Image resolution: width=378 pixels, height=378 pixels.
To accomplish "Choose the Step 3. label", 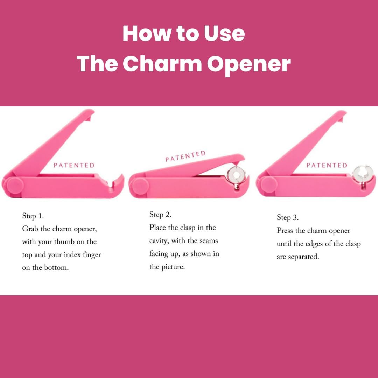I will pyautogui.click(x=288, y=217).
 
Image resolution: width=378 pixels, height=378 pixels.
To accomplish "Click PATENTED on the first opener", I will pyautogui.click(x=74, y=165).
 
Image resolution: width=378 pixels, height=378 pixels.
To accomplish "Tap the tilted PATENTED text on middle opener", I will pyautogui.click(x=185, y=156).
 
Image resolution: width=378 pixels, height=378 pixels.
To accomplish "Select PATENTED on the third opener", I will pyautogui.click(x=327, y=165).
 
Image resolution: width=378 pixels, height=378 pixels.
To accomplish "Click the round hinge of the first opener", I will pyautogui.click(x=14, y=184).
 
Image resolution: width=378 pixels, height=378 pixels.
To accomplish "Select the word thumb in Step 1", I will pyautogui.click(x=66, y=242).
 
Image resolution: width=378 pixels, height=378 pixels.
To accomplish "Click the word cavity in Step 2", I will pyautogui.click(x=159, y=241).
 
